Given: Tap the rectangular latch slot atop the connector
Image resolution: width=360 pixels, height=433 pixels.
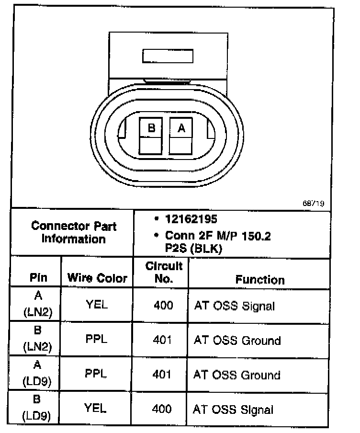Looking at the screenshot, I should [x=168, y=56].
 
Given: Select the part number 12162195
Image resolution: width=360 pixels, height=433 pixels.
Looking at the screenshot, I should [x=191, y=219].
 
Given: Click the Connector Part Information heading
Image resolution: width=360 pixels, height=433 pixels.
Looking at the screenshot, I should [x=73, y=232].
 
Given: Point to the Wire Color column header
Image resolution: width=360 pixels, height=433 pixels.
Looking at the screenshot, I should [x=97, y=278].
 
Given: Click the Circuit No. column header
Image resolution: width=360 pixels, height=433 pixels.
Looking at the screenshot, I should [x=164, y=273].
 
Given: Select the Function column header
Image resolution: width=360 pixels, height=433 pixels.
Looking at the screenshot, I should [x=259, y=280].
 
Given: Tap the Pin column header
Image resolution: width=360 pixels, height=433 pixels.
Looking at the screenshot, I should [x=38, y=278].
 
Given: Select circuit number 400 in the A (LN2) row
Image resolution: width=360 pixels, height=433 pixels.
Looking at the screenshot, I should [x=163, y=305].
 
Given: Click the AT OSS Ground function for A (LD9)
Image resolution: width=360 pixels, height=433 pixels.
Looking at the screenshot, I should [x=236, y=375].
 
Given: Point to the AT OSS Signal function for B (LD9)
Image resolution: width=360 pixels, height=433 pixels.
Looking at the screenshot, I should [x=233, y=410].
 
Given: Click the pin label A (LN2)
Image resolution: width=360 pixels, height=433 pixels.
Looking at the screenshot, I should [x=38, y=304].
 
